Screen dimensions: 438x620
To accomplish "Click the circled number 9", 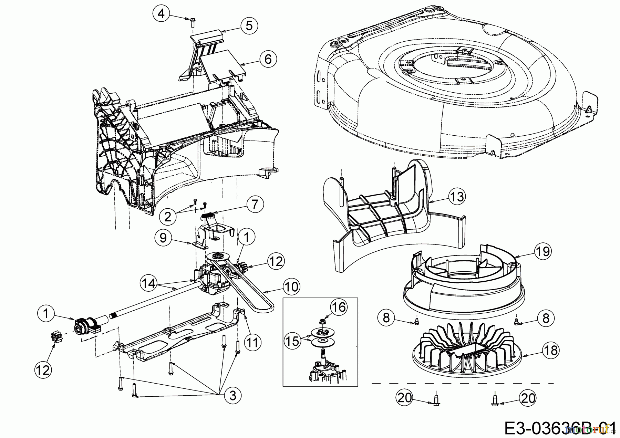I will (164, 238).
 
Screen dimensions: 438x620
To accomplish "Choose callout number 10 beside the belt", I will (291, 286).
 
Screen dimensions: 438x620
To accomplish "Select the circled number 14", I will (149, 283).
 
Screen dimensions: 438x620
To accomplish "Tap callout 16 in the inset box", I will (339, 307).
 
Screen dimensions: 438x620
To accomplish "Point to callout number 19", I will (543, 251).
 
